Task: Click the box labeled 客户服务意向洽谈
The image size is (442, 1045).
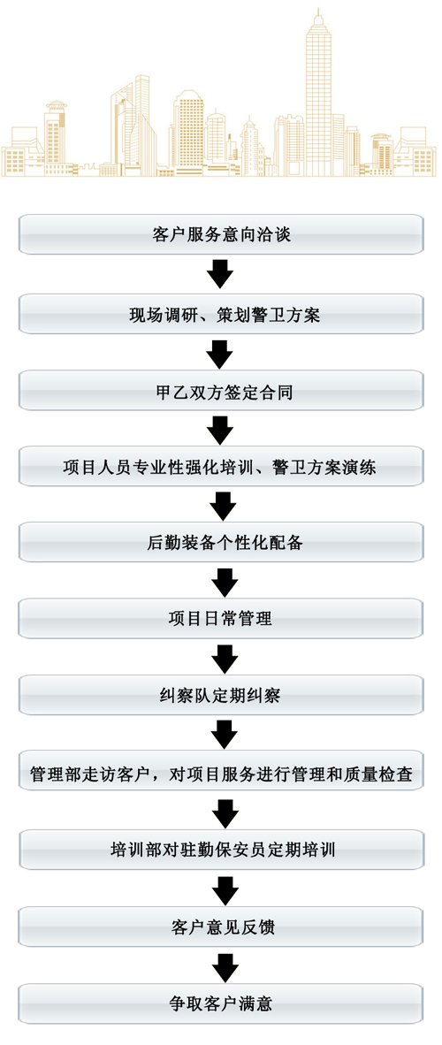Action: (221, 234)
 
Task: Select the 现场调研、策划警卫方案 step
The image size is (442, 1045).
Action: (221, 314)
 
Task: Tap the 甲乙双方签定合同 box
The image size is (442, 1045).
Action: (221, 391)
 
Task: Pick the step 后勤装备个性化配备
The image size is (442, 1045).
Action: (221, 543)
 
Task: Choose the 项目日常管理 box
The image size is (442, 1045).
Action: (221, 619)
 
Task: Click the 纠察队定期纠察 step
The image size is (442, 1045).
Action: (221, 696)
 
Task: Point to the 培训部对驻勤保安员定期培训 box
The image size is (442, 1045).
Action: (221, 850)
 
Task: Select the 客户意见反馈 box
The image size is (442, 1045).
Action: (221, 927)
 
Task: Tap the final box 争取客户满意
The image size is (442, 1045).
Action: (221, 1003)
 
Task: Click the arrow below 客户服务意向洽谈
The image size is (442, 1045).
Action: (220, 274)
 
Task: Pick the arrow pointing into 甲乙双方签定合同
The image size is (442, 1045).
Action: (220, 354)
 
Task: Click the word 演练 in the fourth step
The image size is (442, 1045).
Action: (362, 468)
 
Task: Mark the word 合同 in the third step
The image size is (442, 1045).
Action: (278, 392)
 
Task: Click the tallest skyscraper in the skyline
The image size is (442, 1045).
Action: (318, 94)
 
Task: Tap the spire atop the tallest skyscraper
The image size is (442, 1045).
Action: (318, 15)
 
